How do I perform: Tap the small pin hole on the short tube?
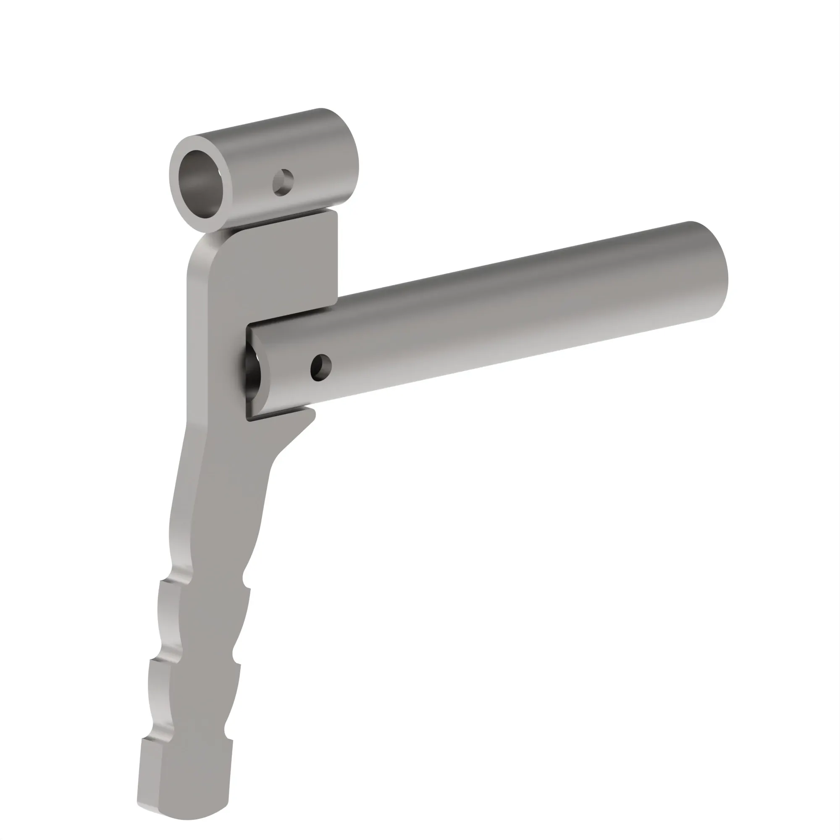point(283,182)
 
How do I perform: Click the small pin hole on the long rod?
point(321,368)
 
